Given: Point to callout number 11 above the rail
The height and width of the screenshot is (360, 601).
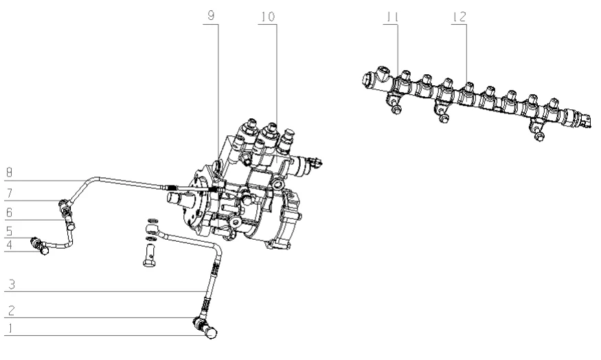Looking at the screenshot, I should (x=392, y=16).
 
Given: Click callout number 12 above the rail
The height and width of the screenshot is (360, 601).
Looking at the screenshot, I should (x=459, y=16).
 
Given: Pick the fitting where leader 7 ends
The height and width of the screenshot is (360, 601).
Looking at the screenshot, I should (x=65, y=203).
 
